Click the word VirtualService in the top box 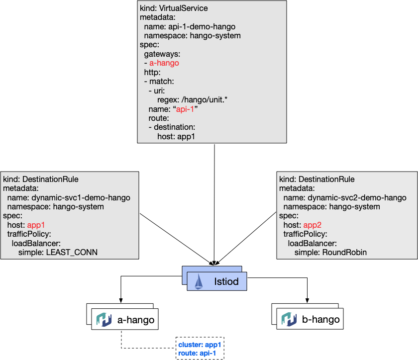click(x=183, y=8)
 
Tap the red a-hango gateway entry click(x=164, y=63)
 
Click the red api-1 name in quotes click(x=185, y=109)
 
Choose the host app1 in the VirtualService click(x=188, y=136)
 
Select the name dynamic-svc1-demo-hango click(x=81, y=197)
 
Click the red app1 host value click(x=36, y=225)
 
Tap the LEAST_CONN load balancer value click(x=72, y=252)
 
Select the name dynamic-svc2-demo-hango click(x=357, y=197)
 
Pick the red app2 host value click(x=313, y=225)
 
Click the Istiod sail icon click(x=199, y=281)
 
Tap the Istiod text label click(x=226, y=281)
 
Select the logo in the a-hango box click(x=104, y=319)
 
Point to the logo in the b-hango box click(x=289, y=319)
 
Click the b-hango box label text click(x=321, y=319)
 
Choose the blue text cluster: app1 click(x=200, y=345)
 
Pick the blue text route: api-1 click(x=197, y=353)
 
